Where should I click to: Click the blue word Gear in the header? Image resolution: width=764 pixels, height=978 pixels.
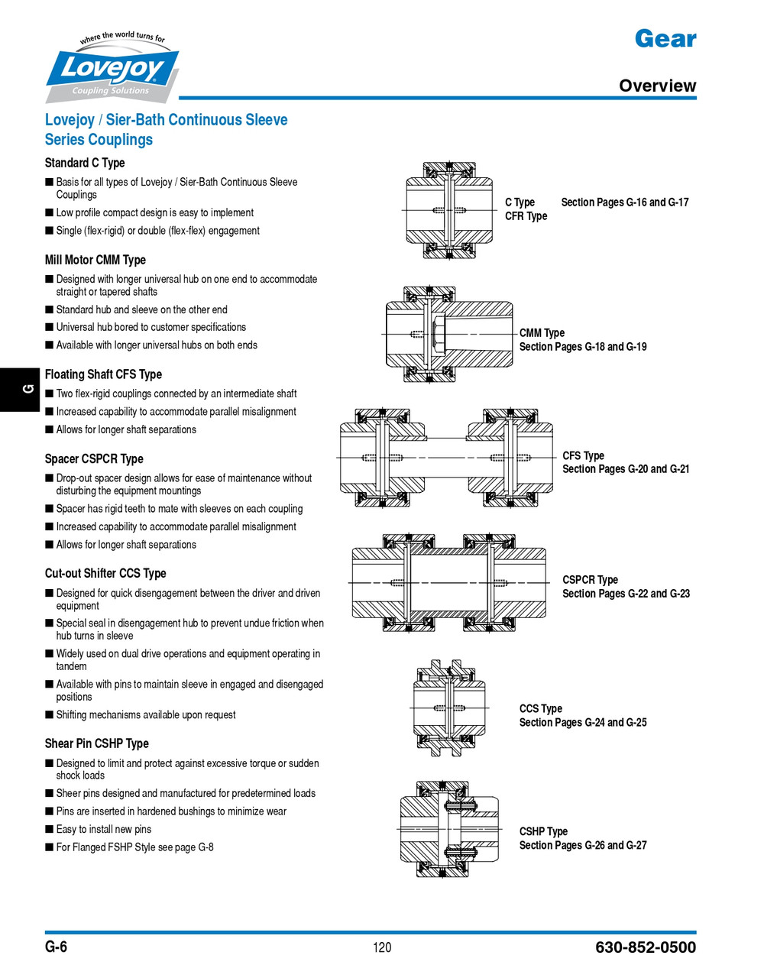click(665, 38)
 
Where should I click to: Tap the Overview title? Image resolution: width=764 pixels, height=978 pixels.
click(657, 86)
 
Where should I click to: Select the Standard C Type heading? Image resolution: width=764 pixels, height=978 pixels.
click(85, 163)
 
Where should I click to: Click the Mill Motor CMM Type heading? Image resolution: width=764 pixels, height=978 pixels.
click(95, 260)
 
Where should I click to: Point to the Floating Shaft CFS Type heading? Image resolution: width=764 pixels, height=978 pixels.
click(103, 374)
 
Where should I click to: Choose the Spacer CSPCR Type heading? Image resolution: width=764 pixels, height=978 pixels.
click(94, 458)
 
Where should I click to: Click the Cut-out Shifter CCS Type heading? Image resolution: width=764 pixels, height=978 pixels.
click(105, 573)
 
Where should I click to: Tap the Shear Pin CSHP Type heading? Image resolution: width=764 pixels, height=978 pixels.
click(97, 743)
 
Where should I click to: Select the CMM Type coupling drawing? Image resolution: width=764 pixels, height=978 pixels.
click(448, 334)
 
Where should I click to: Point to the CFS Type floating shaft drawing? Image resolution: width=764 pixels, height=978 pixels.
click(446, 458)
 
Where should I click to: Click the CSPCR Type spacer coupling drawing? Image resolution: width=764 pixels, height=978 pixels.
click(448, 582)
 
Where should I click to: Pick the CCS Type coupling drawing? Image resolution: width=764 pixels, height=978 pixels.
click(449, 708)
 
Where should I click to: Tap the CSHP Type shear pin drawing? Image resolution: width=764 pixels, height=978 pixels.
click(449, 828)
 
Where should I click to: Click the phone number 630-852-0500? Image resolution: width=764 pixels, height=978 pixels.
click(646, 947)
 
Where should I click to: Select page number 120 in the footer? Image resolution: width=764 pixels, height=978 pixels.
click(382, 947)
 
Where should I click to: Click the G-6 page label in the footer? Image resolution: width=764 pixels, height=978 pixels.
click(56, 947)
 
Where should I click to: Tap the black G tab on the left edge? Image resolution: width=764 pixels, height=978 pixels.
click(22, 389)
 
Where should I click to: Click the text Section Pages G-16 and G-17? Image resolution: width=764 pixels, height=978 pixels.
click(625, 202)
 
